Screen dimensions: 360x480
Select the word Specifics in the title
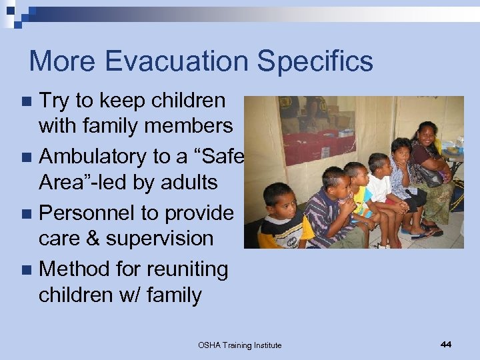(315, 61)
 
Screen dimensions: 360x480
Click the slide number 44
(445, 344)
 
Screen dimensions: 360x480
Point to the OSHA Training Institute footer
(239, 345)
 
